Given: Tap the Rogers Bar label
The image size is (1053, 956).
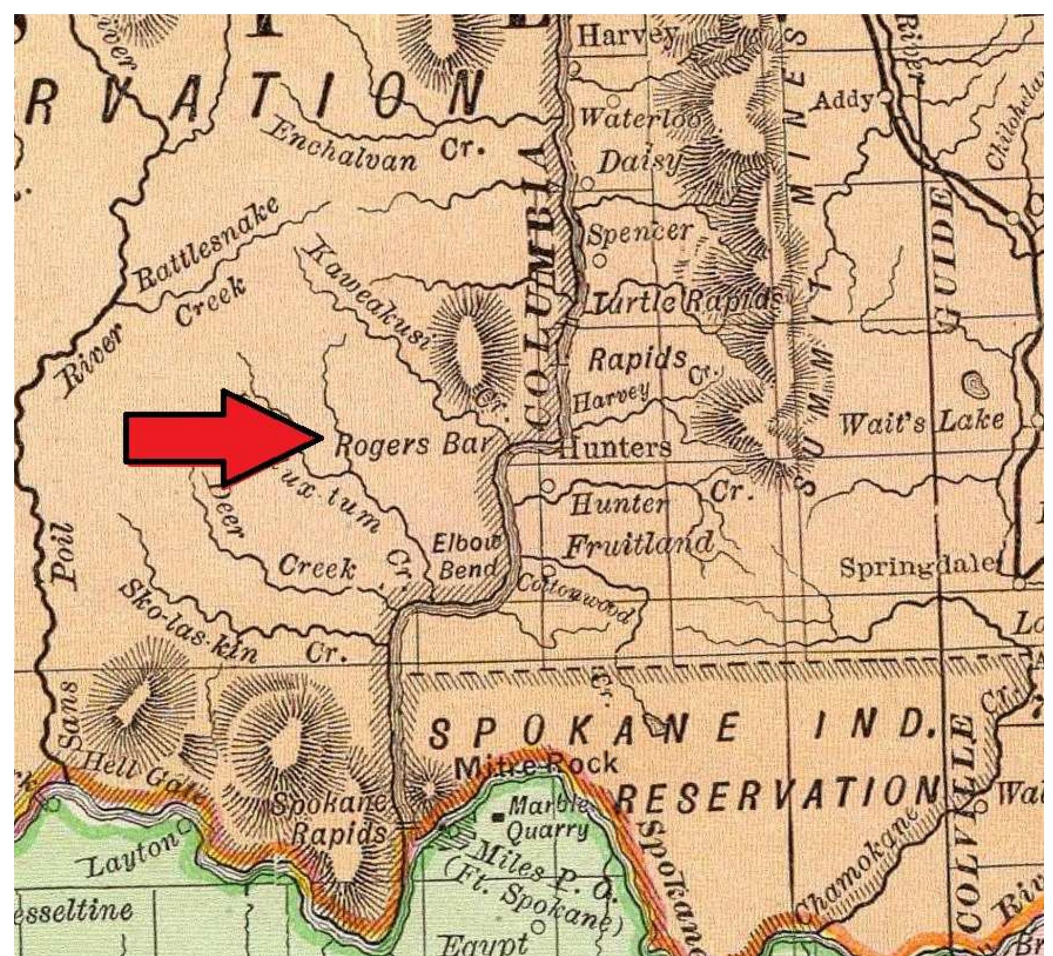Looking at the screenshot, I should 412,444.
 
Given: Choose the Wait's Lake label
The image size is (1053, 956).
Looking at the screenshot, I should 921,423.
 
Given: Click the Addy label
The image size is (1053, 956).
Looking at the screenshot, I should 844,101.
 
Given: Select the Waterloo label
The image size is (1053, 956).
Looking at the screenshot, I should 639,118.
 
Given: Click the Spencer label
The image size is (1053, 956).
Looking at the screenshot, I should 639,232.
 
